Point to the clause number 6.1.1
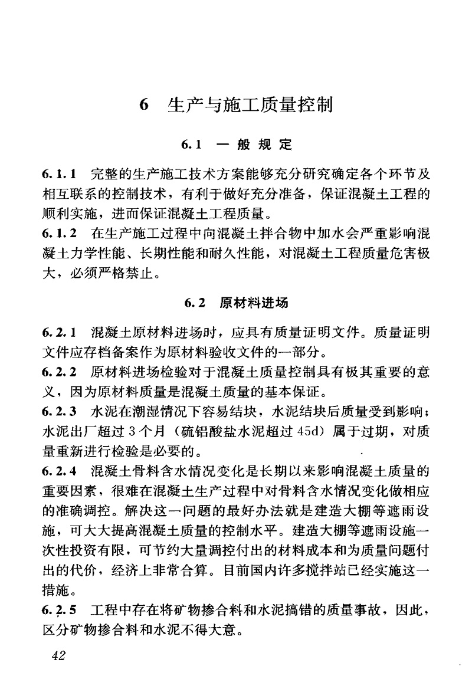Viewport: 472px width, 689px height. [60, 175]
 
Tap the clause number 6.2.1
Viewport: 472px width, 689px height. [60, 334]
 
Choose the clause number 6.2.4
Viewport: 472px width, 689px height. [60, 471]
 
